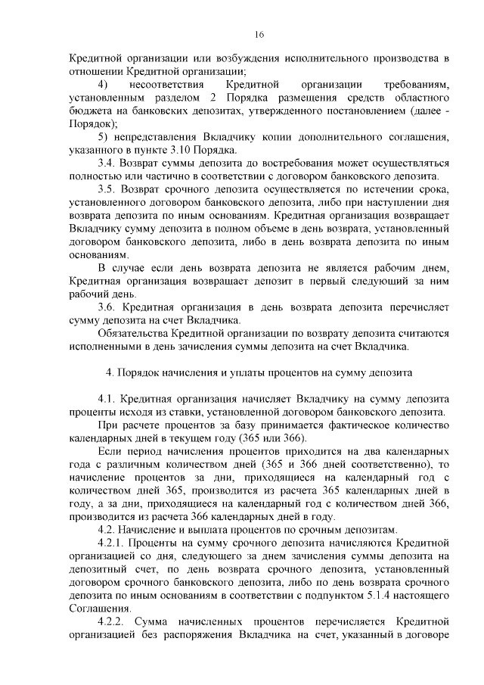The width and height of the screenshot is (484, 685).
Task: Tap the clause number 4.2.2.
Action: pyautogui.click(x=113, y=621)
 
